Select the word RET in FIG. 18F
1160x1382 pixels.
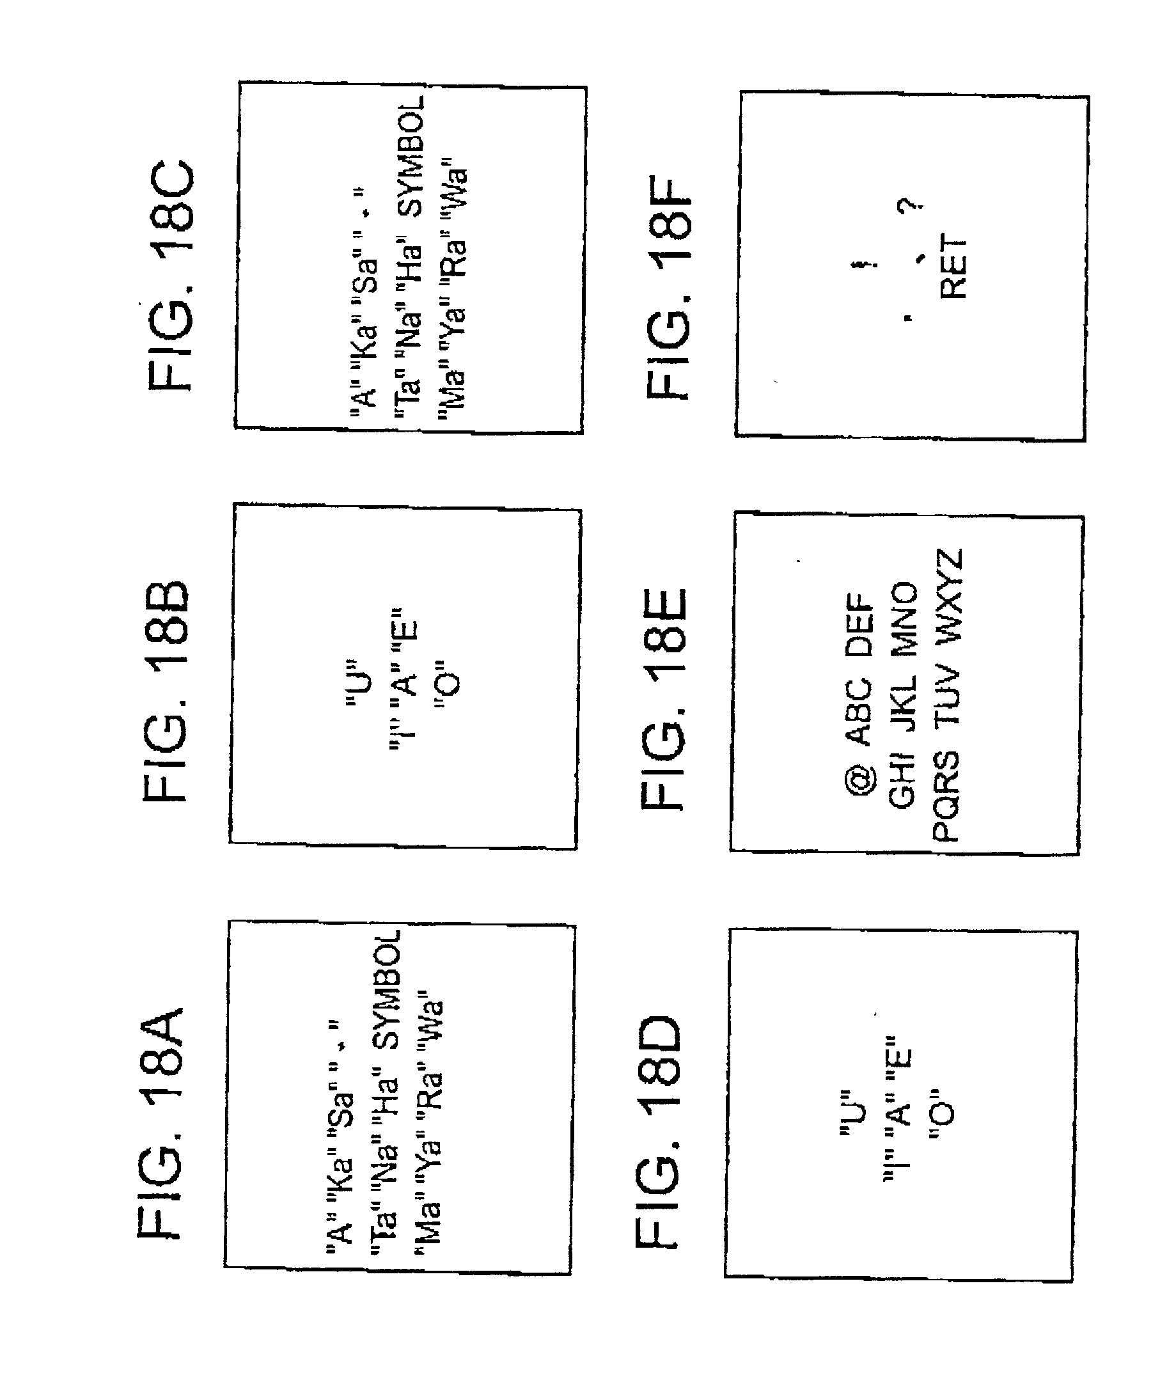[x=953, y=267]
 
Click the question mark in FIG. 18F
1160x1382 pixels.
[x=909, y=206]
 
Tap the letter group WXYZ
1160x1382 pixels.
[x=948, y=595]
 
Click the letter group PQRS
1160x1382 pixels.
[x=945, y=796]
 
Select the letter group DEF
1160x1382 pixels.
[x=859, y=625]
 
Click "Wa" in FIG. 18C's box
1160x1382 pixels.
[x=455, y=185]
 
